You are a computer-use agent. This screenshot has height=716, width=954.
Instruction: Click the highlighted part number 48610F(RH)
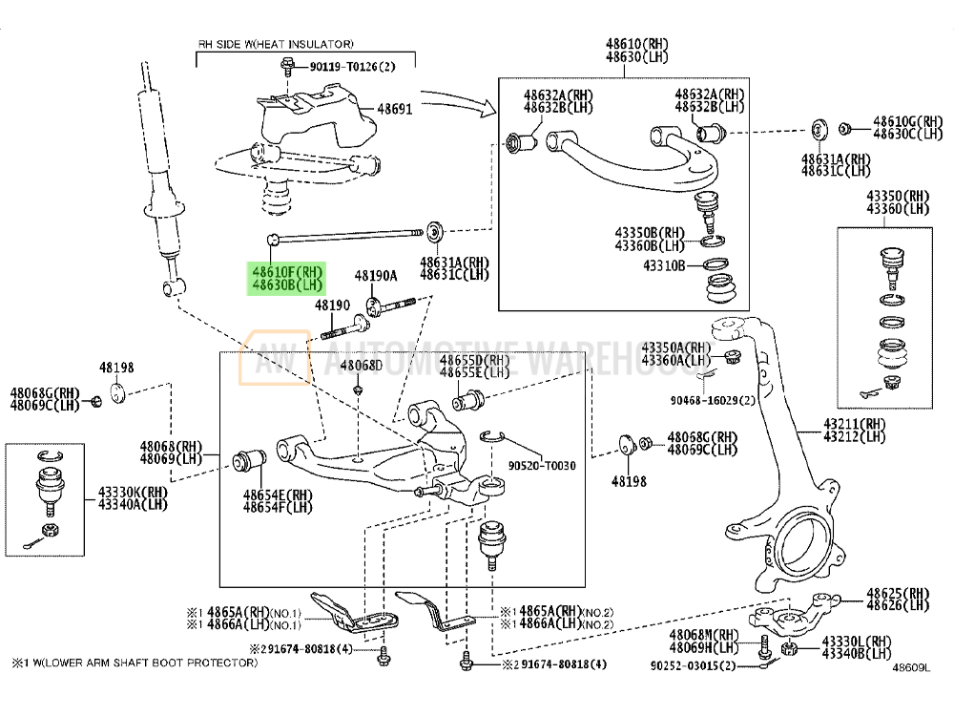click(287, 272)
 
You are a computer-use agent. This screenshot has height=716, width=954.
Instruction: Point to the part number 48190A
click(375, 276)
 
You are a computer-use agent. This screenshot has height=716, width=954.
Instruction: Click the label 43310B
click(664, 264)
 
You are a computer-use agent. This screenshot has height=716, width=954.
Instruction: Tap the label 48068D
click(362, 366)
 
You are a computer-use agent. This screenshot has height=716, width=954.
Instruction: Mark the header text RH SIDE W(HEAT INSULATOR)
click(276, 44)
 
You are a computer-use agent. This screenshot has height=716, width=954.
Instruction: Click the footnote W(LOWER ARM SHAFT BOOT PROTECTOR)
click(142, 661)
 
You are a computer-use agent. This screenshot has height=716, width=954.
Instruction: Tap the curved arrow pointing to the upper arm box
click(458, 99)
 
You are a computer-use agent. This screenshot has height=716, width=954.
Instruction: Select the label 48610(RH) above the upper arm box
click(637, 44)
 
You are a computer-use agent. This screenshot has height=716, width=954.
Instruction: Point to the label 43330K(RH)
click(131, 493)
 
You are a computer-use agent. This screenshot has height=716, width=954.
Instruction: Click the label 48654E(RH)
click(277, 495)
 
